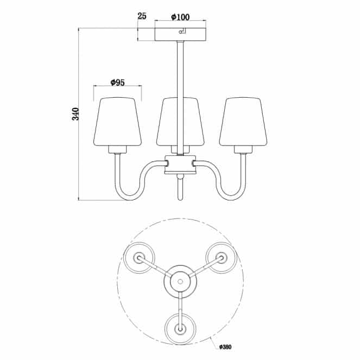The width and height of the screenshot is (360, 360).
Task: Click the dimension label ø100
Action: [180, 17]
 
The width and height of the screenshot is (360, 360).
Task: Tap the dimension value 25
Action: [142, 16]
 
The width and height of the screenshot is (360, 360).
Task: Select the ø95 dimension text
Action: [117, 83]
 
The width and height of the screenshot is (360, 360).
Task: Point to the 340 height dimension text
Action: [75, 114]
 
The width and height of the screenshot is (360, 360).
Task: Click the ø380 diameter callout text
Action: [225, 347]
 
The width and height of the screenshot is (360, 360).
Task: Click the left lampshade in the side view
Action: [117, 122]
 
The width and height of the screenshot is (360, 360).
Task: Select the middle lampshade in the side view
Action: [180, 122]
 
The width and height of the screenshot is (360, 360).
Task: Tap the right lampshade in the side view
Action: [243, 122]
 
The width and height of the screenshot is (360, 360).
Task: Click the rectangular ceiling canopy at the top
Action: [180, 34]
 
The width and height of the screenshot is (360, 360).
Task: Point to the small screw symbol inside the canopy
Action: [182, 31]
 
